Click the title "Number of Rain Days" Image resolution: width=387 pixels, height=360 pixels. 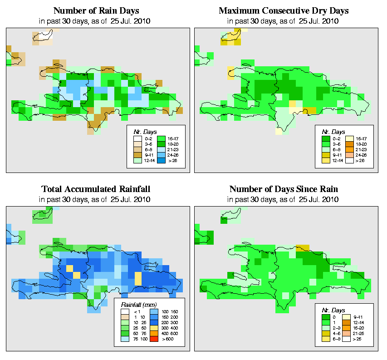(x=97, y=10)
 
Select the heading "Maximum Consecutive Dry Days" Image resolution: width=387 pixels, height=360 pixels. (x=284, y=10)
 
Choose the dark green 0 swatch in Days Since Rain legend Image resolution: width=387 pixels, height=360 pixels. (x=325, y=316)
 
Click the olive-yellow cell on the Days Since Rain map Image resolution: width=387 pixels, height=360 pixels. (x=301, y=248)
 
